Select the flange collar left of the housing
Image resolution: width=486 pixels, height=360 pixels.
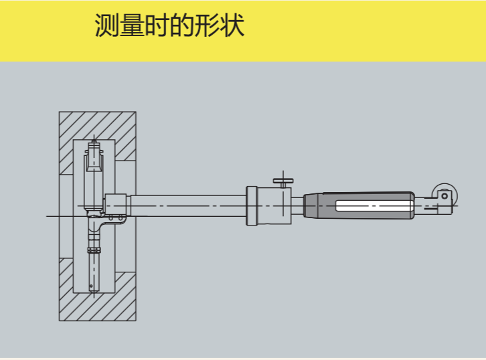[252, 205]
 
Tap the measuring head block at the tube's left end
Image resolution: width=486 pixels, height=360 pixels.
[115, 204]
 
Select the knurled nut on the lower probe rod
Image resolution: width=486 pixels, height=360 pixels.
[94, 251]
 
